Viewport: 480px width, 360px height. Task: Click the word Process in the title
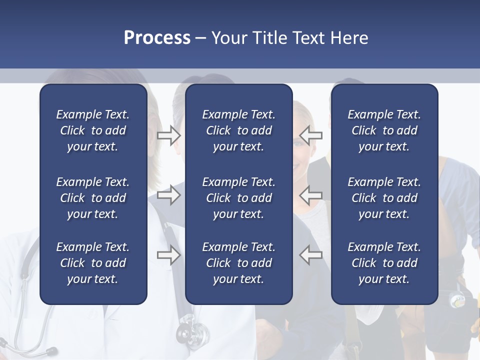[157, 38]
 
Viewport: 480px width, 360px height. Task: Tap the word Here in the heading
[349, 38]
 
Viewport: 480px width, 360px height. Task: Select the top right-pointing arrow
[169, 135]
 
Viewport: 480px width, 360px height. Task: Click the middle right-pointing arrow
[169, 195]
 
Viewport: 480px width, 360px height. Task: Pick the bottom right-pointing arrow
[169, 255]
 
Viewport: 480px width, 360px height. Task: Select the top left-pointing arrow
[311, 135]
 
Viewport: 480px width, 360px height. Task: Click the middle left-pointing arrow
[311, 195]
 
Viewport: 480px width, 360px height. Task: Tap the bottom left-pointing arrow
[311, 255]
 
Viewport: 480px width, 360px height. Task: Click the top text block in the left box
[93, 130]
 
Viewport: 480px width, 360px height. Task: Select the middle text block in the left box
[93, 198]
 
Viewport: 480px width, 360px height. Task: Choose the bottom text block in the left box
[93, 263]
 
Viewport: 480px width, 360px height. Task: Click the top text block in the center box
[238, 130]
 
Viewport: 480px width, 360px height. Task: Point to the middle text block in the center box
[238, 198]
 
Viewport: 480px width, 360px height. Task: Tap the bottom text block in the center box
[238, 263]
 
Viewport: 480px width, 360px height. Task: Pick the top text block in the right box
[384, 130]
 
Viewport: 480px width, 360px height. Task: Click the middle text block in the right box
[384, 198]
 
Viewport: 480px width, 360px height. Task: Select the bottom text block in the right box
[384, 263]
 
